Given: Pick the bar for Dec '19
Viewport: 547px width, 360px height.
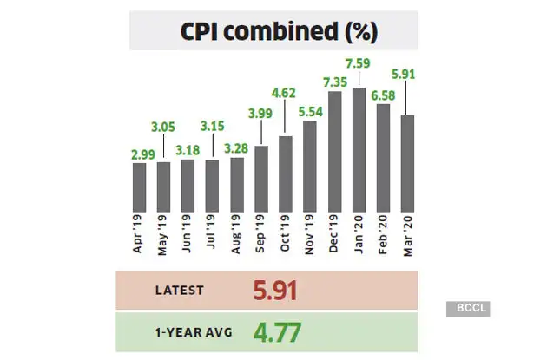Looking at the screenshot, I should tap(334, 153).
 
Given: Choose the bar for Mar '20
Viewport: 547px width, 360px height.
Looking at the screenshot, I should tap(406, 164).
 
